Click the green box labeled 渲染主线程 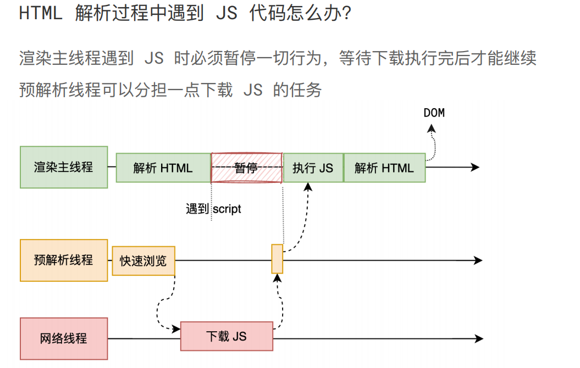[64, 167]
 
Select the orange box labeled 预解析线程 [64, 260]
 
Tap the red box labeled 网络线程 [64, 338]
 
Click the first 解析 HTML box [163, 168]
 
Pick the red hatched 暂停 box [246, 168]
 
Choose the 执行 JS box [313, 168]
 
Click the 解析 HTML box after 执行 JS [384, 168]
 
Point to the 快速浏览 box [143, 260]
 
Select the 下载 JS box [227, 336]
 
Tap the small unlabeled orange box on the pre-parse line [277, 259]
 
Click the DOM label [434, 113]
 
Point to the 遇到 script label [214, 209]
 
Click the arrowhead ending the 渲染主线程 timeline [476, 168]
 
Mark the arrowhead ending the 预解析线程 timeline [478, 260]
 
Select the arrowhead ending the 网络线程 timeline [479, 338]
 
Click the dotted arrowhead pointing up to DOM [432, 129]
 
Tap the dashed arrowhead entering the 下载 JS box [176, 329]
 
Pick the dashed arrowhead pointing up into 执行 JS [308, 187]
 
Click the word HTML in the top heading [41, 14]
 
